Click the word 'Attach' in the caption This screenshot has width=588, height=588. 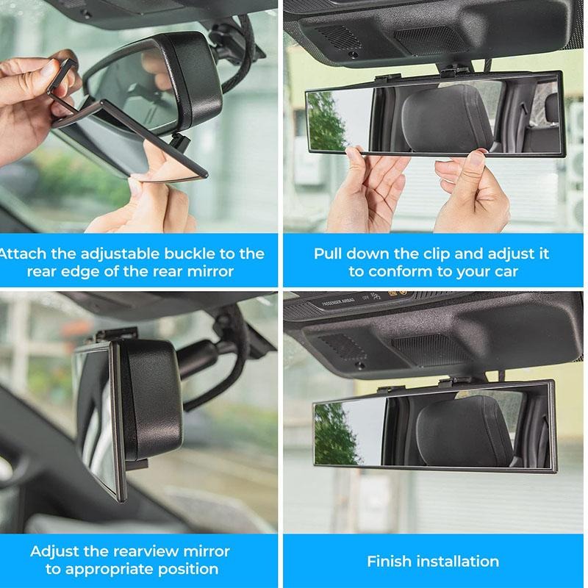23,254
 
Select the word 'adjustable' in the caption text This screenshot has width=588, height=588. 105,254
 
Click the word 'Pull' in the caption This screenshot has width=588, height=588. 329,254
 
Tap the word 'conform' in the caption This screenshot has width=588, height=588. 398,271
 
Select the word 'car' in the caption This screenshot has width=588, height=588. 504,271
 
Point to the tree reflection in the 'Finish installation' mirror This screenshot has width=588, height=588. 334,434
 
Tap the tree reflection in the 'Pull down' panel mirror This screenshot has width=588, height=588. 326,121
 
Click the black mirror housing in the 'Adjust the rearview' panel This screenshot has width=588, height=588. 151,397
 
